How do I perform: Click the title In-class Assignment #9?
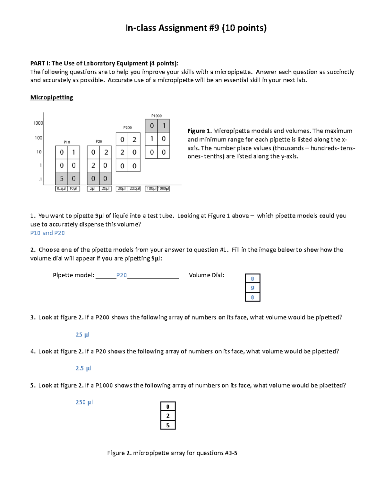pyautogui.click(x=196, y=28)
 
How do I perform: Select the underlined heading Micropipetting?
pyautogui.click(x=52, y=97)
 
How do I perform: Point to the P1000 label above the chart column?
pyautogui.click(x=157, y=116)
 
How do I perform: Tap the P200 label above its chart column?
pyautogui.click(x=128, y=128)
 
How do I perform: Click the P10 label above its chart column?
pyautogui.click(x=67, y=142)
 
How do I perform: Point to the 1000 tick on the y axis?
pyautogui.click(x=38, y=123)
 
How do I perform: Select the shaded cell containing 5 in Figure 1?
pyautogui.click(x=62, y=179)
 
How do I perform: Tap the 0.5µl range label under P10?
pyautogui.click(x=61, y=189)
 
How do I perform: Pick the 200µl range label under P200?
pyautogui.click(x=134, y=189)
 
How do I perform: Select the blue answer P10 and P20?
pyautogui.click(x=47, y=233)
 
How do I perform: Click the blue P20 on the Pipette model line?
pyautogui.click(x=121, y=275)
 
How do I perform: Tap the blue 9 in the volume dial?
pyautogui.click(x=252, y=288)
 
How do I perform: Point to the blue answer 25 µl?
pyautogui.click(x=82, y=334)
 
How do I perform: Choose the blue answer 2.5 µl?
pyautogui.click(x=83, y=368)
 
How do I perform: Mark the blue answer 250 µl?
pyautogui.click(x=84, y=402)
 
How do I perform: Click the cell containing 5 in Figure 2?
pyautogui.click(x=168, y=425)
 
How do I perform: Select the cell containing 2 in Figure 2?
pyautogui.click(x=168, y=416)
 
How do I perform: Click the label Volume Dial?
pyautogui.click(x=206, y=275)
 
